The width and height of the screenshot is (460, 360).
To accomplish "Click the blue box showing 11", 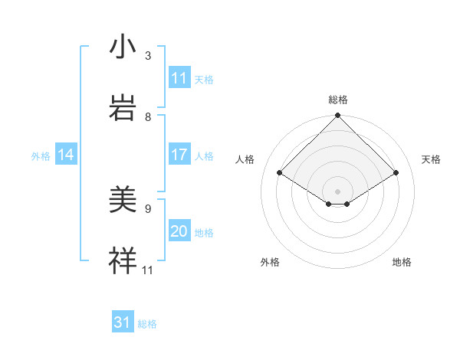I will [179, 78].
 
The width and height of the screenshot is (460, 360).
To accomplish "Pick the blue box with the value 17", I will [179, 155].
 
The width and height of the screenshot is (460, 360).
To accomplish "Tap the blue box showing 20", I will [179, 231].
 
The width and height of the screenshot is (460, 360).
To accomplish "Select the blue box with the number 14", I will [66, 155].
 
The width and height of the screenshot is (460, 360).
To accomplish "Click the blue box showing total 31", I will [123, 322].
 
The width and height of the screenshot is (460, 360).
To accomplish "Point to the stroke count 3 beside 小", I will [148, 56].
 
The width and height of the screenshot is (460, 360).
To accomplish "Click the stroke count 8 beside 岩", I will [148, 116].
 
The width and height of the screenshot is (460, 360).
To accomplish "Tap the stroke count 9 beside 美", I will [148, 208].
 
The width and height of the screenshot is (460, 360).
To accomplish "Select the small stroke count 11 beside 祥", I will [148, 270].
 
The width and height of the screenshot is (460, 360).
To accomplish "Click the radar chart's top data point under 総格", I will [337, 116].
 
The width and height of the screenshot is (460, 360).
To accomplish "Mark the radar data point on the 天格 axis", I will [396, 173].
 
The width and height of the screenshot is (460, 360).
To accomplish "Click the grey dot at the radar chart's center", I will [337, 191].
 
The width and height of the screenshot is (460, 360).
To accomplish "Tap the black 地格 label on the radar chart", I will [402, 262].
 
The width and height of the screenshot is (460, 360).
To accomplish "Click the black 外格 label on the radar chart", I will [270, 262].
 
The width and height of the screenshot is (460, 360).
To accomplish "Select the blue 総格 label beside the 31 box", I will [147, 324].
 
